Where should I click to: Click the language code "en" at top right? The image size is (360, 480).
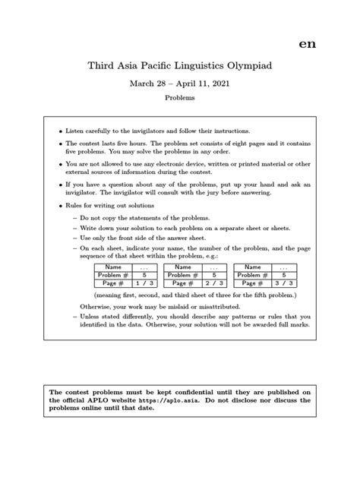click(307, 43)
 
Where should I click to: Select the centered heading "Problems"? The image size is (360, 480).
click(179, 99)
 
